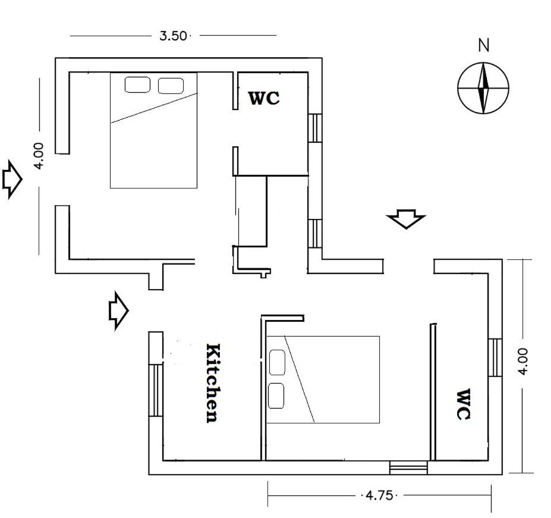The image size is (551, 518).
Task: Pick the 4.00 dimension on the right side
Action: (522, 362)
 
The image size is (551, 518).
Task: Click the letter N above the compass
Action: (483, 45)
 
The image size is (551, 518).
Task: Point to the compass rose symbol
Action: (483, 88)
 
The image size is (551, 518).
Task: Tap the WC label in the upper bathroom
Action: (264, 98)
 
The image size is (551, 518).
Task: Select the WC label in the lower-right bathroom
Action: (463, 404)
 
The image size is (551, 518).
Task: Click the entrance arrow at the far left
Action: (12, 180)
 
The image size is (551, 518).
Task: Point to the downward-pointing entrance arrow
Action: (406, 219)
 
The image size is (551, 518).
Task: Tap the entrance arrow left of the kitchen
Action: (118, 311)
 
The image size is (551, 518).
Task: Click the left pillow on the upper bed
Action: (137, 85)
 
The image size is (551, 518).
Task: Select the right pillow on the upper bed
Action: (171, 86)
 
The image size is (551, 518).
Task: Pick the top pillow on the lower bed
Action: (277, 362)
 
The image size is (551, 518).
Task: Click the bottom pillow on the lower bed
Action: (276, 395)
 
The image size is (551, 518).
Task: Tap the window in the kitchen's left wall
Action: (156, 390)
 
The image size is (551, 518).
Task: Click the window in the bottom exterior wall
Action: (409, 467)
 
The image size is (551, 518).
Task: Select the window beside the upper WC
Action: (315, 128)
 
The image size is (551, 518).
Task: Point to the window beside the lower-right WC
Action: (495, 357)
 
